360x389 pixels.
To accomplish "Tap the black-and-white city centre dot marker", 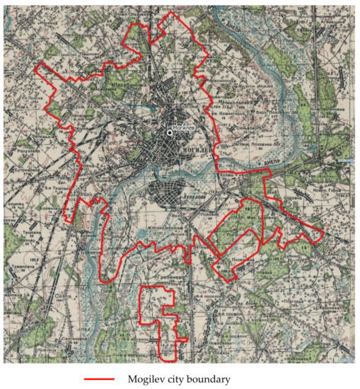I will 170,132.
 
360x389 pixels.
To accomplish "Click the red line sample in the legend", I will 103,379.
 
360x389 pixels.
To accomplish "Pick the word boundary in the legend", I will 212,379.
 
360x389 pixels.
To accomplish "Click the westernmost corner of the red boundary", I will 36,64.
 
